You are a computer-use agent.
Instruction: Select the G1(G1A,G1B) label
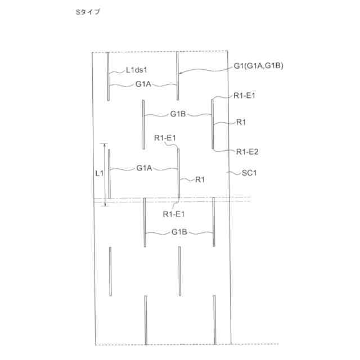tap(259, 66)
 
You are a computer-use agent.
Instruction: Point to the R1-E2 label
tap(247, 151)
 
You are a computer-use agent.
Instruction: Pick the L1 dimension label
tap(98, 173)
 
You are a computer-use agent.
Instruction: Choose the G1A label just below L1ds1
tap(143, 85)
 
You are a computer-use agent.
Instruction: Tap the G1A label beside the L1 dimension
tap(143, 168)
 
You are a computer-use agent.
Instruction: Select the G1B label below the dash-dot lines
tap(179, 232)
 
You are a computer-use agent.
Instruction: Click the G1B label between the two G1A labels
tap(178, 114)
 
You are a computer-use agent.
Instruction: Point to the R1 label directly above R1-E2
tap(241, 122)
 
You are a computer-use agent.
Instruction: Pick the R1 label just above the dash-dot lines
tap(200, 179)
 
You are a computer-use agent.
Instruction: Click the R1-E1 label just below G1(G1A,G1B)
tap(245, 96)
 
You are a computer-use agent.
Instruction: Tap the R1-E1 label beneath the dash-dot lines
tap(174, 214)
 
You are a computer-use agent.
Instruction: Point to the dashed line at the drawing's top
tap(169, 52)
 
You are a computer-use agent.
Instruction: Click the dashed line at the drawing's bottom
tap(186, 344)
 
